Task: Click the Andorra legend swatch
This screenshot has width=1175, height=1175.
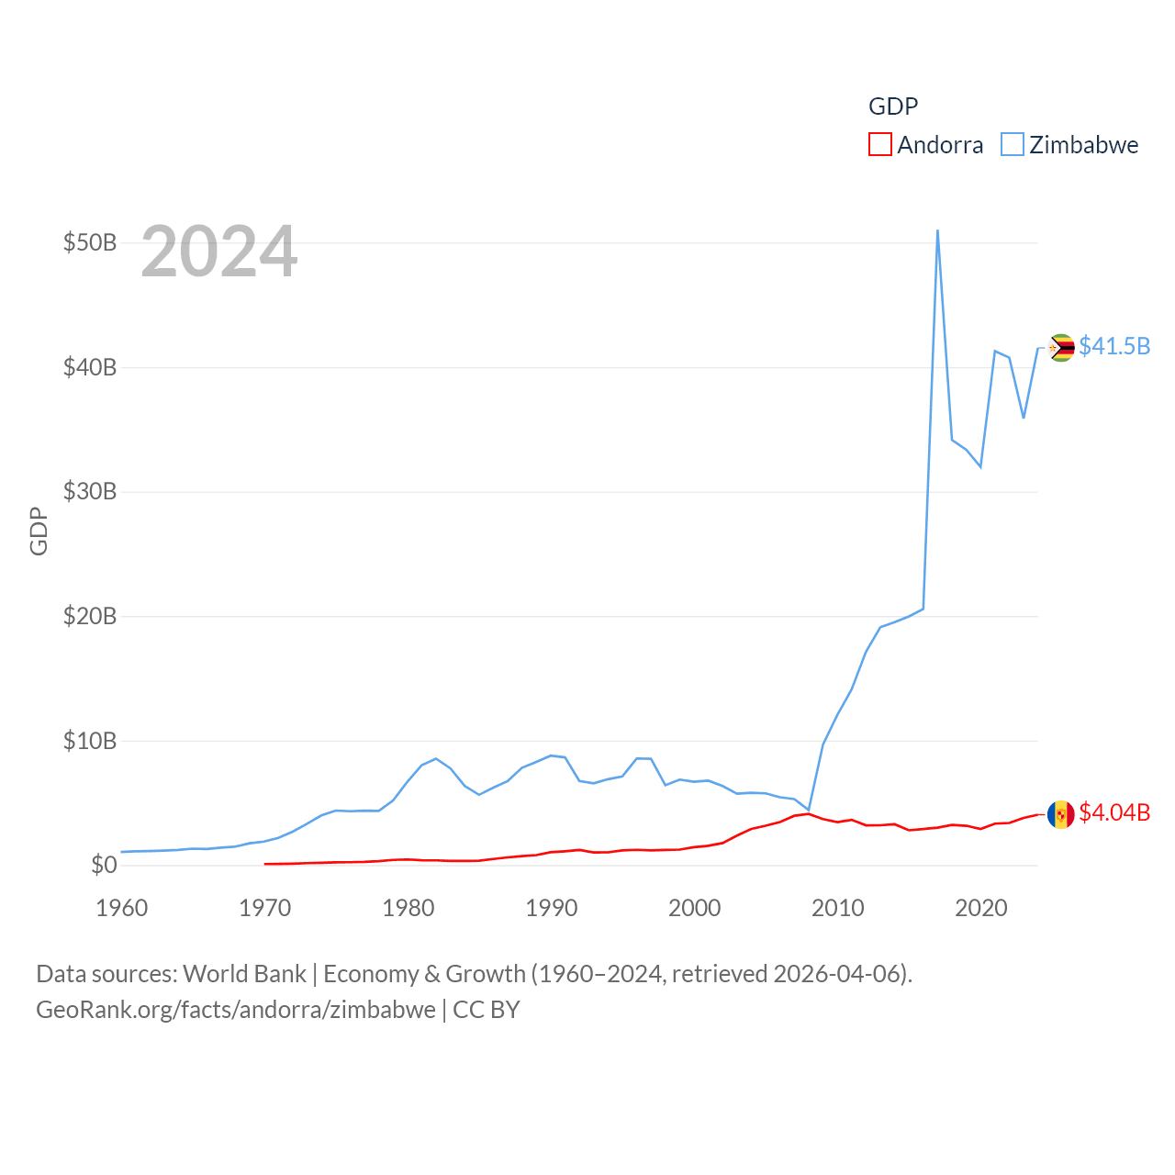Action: (879, 145)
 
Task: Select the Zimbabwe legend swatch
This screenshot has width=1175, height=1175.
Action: (1012, 145)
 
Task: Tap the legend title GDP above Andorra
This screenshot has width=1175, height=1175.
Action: (893, 106)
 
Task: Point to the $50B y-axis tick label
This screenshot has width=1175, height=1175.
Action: (90, 243)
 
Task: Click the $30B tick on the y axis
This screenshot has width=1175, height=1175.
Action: (90, 491)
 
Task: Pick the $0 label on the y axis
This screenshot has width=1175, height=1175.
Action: (104, 865)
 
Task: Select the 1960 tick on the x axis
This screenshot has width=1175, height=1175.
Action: (122, 908)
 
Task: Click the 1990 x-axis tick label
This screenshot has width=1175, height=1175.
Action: (552, 908)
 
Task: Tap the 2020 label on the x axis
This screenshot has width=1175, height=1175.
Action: (981, 908)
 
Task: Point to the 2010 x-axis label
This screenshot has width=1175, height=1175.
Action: (838, 908)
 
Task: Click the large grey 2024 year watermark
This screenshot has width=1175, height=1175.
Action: (219, 251)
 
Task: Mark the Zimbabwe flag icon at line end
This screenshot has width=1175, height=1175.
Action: (1061, 348)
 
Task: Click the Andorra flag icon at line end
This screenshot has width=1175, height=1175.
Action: (1061, 814)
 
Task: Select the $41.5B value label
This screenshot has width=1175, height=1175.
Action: (1114, 346)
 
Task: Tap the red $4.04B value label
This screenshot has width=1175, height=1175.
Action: (1114, 812)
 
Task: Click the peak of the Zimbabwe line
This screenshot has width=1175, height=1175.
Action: (937, 230)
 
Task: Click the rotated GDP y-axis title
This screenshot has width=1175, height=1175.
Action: (39, 531)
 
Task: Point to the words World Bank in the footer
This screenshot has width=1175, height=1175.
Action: (244, 974)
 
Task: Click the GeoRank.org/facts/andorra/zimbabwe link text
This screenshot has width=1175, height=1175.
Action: (236, 1010)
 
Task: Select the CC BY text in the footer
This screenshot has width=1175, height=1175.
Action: (487, 1010)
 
